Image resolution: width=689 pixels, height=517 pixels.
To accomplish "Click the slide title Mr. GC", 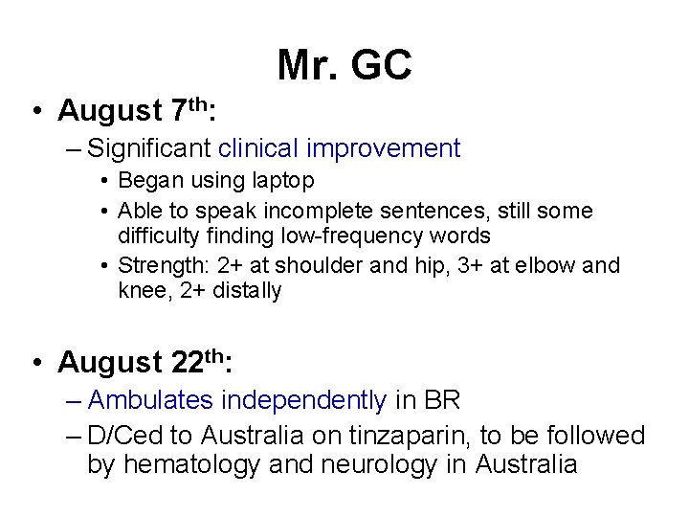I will [344, 65].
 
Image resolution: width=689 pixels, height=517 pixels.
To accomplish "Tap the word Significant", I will [148, 148].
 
